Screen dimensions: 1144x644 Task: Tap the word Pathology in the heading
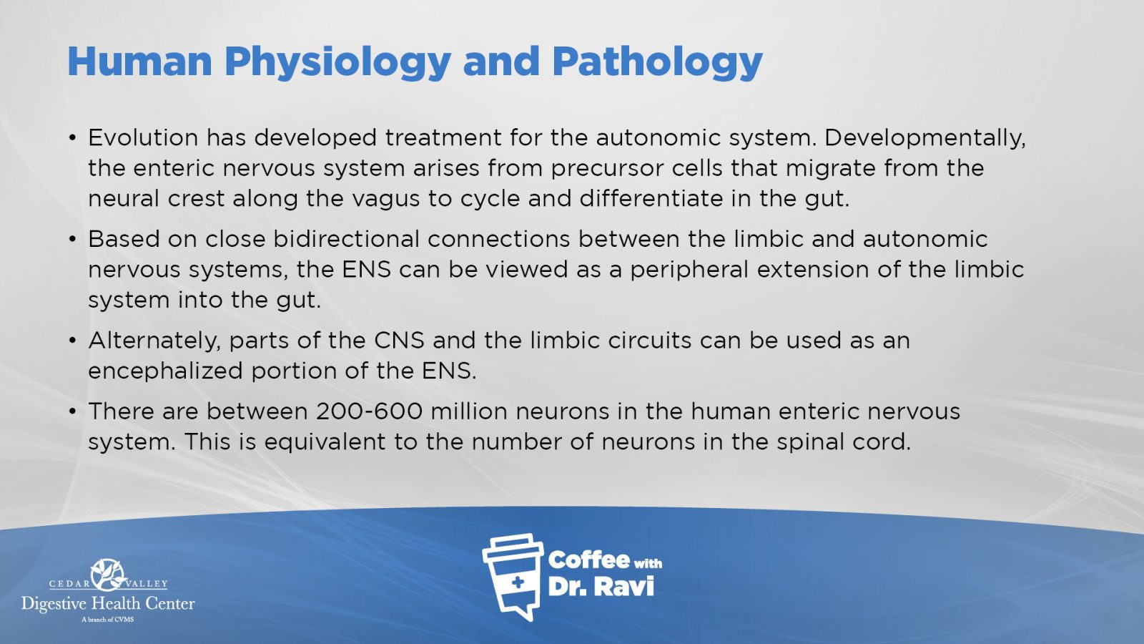point(657,62)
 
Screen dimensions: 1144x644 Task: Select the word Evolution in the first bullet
point(143,137)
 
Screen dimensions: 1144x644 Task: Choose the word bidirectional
point(346,239)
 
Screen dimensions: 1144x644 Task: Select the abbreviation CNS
point(400,341)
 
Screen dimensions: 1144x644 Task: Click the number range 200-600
point(369,411)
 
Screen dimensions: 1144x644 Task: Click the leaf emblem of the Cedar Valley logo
point(108,575)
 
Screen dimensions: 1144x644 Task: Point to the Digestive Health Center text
point(108,604)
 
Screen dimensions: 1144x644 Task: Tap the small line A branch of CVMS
point(108,620)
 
